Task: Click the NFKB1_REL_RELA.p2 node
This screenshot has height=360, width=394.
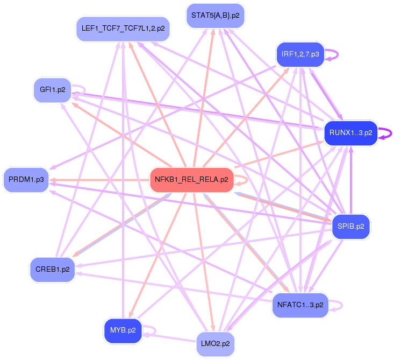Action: click(x=191, y=180)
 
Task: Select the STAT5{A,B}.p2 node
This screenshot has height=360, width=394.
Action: click(x=215, y=15)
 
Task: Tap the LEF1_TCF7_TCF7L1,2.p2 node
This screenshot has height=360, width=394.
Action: click(x=123, y=27)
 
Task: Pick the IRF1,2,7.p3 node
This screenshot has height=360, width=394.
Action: click(x=300, y=54)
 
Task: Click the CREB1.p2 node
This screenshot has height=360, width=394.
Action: click(x=52, y=269)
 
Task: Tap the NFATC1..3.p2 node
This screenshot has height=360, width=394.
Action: click(x=300, y=305)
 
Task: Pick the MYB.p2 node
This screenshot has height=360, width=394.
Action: click(x=123, y=330)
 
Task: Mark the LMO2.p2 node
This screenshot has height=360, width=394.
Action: click(x=215, y=343)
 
